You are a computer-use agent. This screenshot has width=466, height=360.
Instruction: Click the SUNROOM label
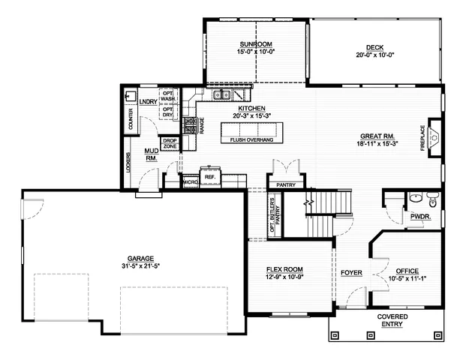click(x=256, y=45)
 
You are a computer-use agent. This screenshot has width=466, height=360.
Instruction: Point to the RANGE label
click(x=202, y=124)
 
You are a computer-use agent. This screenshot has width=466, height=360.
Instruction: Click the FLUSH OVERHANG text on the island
click(x=251, y=139)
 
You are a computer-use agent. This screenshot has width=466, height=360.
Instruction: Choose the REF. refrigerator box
click(x=210, y=177)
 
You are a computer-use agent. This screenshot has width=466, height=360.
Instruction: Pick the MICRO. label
click(x=189, y=181)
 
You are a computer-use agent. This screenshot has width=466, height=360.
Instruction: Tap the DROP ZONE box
click(x=170, y=143)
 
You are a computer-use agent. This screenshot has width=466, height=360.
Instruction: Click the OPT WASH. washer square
click(x=169, y=97)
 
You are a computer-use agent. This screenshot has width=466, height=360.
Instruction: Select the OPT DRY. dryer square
click(x=169, y=112)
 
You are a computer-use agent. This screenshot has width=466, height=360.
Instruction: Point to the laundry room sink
click(x=131, y=97)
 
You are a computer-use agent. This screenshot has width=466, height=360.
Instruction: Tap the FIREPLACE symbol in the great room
click(x=434, y=136)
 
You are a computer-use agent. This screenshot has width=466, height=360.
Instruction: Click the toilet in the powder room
click(x=431, y=199)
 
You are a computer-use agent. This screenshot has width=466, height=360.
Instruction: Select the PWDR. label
click(x=419, y=216)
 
